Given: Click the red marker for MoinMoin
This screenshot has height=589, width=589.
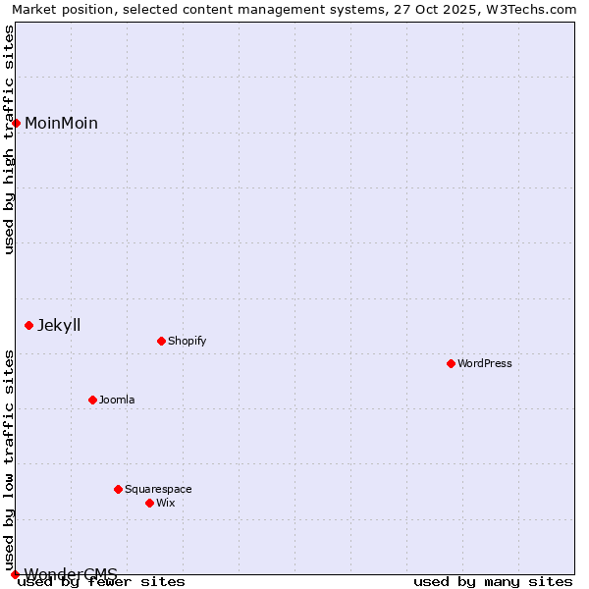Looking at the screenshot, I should (x=17, y=123).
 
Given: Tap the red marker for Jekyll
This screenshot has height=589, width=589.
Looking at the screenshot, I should (x=29, y=325).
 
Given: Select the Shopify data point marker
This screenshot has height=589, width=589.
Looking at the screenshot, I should (x=161, y=341).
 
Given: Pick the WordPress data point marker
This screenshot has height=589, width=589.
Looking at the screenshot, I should (x=451, y=363).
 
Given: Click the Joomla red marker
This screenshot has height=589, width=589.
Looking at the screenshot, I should (x=92, y=400).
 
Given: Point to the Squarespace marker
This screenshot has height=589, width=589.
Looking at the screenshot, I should (x=118, y=489).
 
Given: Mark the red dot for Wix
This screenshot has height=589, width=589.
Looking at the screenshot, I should (x=149, y=503).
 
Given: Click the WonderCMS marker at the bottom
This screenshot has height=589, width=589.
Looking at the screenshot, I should (x=15, y=574).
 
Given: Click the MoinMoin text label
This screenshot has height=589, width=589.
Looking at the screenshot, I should (x=61, y=123).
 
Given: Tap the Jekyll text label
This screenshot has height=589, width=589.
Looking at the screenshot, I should (x=59, y=325).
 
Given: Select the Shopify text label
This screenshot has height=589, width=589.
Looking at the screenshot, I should (x=187, y=341).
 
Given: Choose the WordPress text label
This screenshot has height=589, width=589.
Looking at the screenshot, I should (x=484, y=363).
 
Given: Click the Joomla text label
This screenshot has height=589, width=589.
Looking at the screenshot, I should (x=117, y=400).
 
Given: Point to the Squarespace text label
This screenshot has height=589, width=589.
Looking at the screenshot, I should (x=158, y=489).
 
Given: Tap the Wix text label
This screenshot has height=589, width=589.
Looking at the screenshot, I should (x=165, y=503).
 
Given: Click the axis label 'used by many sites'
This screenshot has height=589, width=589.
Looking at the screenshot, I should (x=493, y=581).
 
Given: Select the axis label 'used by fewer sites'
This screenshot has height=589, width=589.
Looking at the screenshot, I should (x=102, y=581).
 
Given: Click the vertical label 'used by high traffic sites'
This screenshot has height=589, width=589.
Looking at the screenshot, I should (x=9, y=139).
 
